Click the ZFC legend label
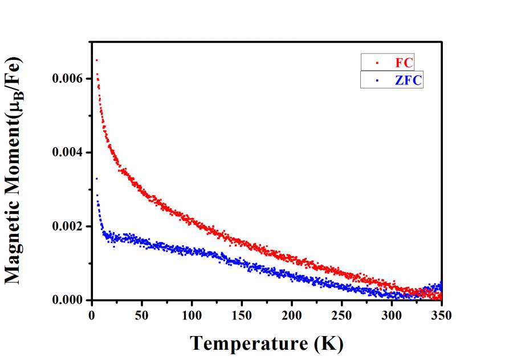click(409, 80)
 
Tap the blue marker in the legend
click(377, 80)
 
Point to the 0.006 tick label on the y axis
click(67, 79)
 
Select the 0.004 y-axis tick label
click(67, 153)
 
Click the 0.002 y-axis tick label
click(67, 226)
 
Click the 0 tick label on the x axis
click(92, 315)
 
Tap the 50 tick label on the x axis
click(142, 315)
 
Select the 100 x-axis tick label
click(192, 315)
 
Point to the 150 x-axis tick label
click(242, 315)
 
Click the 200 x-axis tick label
click(292, 315)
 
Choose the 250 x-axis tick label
click(342, 315)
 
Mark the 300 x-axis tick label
click(392, 315)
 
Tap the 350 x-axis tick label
click(441, 315)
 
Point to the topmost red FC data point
click(96, 60)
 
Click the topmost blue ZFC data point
click(96, 179)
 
